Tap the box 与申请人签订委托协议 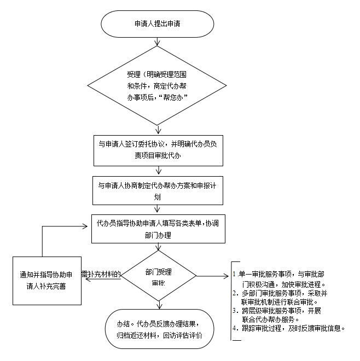click(159, 150)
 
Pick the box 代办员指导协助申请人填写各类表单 click(159, 229)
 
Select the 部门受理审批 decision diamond click(159, 276)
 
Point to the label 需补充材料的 click(101, 273)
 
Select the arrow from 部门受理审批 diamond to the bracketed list click(213, 276)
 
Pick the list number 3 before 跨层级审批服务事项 click(234, 311)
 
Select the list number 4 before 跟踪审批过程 click(234, 329)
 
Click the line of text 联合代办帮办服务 click(269, 319)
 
